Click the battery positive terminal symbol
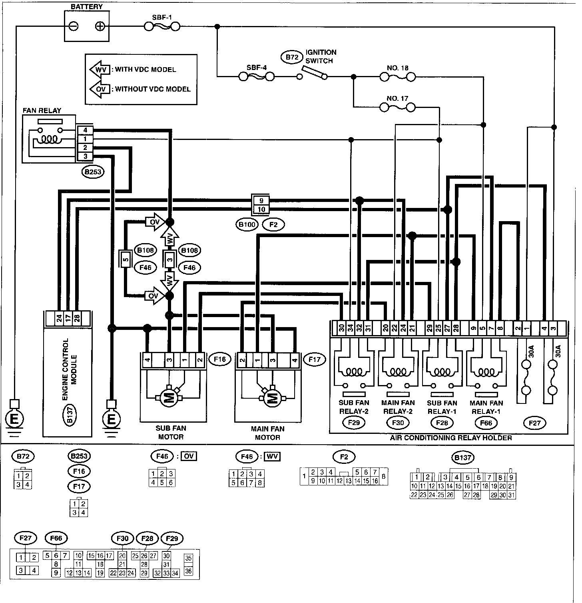100,27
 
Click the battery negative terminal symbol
74,27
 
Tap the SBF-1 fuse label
162,18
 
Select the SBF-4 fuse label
256,67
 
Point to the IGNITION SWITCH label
321,56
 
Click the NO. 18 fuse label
397,68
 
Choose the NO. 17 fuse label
397,98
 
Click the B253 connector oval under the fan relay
92,172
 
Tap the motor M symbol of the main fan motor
272,398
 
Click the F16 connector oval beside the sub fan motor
219,359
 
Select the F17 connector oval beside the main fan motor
315,359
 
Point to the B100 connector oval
247,224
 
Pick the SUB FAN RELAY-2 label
354,407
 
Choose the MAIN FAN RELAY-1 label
486,407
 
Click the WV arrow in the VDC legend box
99,69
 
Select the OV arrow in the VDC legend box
99,89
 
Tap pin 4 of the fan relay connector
85,130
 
